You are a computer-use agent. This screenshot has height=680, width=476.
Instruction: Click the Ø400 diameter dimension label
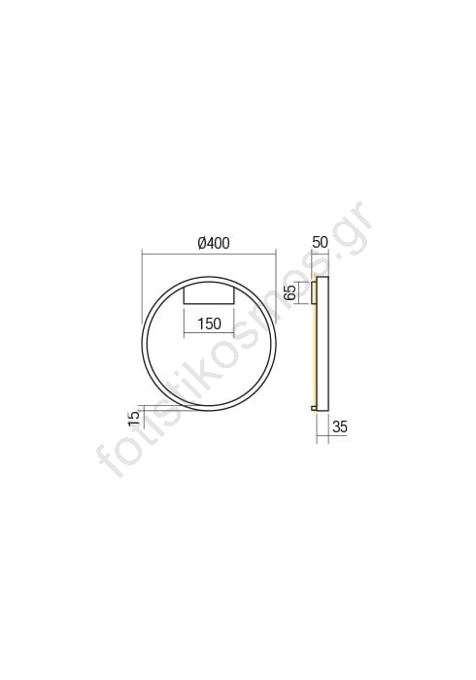click(x=213, y=243)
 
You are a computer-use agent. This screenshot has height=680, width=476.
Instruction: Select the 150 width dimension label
click(x=210, y=323)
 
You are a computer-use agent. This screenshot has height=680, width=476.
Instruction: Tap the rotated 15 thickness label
click(x=134, y=417)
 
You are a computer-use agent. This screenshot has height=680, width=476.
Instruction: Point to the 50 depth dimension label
click(x=320, y=243)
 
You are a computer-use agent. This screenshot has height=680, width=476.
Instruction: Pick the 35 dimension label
click(x=340, y=426)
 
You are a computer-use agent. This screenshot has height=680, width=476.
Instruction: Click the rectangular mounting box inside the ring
click(x=209, y=293)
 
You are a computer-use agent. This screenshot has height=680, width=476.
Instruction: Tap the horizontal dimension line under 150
click(x=209, y=333)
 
